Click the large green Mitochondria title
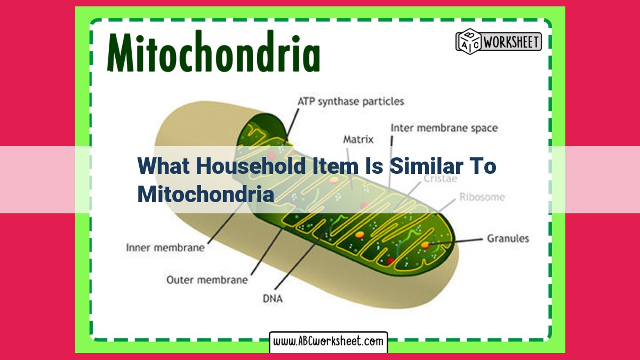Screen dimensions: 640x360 point(213,51)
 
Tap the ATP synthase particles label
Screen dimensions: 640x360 point(351,102)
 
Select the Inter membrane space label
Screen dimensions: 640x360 point(444,128)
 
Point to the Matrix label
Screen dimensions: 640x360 point(358,139)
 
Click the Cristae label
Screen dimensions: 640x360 point(441,179)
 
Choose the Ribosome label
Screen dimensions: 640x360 point(482,197)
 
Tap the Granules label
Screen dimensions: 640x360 point(508,238)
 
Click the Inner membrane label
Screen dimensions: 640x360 point(165,247)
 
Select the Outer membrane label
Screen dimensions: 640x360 point(207,279)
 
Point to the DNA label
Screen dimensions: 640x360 point(273,299)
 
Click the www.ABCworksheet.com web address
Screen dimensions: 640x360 point(329,341)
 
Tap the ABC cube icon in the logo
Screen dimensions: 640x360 point(469,42)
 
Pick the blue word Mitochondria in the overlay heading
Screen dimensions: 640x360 point(206,194)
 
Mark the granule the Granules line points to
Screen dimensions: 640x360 point(426,245)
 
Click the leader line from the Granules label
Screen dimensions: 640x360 point(457,242)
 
